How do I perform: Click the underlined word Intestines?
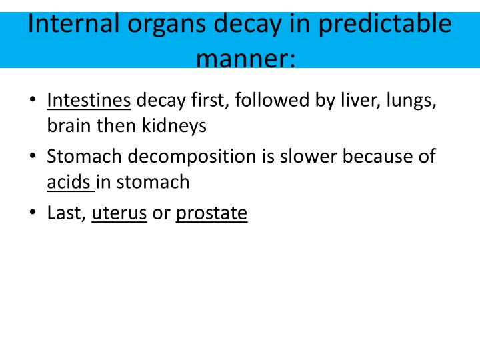pos(89,101)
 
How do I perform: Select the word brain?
pos(69,125)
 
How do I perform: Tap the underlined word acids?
pos(69,181)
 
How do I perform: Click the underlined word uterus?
pos(119,213)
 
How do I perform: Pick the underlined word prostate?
pos(211,214)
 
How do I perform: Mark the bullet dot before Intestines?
pos(33,101)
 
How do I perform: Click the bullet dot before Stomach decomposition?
pos(33,157)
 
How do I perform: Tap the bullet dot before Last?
pos(33,213)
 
